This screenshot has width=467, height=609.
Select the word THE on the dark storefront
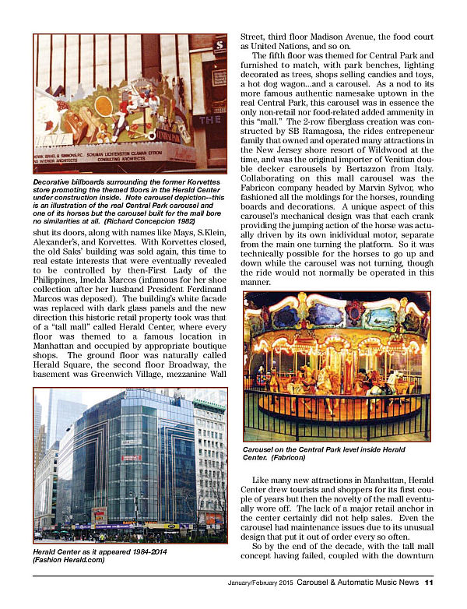[x=212, y=120]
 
